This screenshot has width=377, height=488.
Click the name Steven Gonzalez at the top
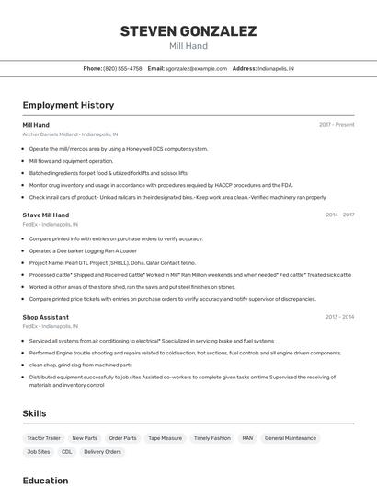pos(188,30)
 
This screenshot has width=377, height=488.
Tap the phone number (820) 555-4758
pos(122,68)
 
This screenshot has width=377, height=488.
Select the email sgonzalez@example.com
pos(196,68)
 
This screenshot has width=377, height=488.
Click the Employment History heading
pos(68,105)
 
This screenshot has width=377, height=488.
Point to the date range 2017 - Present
pos(337,124)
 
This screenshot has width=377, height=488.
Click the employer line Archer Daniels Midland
pos(70,134)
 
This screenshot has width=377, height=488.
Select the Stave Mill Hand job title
pos(46,215)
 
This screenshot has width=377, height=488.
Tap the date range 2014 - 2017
pos(339,215)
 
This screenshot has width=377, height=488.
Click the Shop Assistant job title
pos(46,317)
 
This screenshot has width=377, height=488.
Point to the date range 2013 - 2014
pos(339,317)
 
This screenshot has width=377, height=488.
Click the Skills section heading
pos(35,413)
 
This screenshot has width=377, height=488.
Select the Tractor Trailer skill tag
pos(44,438)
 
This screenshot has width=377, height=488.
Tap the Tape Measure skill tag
pos(166,438)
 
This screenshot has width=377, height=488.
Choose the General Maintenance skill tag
pos(291,438)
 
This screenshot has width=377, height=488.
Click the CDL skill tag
pos(67,452)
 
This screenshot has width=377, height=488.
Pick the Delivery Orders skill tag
pos(102,452)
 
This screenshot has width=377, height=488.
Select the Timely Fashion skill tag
pos(212,438)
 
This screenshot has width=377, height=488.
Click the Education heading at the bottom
pos(46,481)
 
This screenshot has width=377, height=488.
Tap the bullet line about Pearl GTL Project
pos(112,262)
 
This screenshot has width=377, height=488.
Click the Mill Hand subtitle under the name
pos(188,46)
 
